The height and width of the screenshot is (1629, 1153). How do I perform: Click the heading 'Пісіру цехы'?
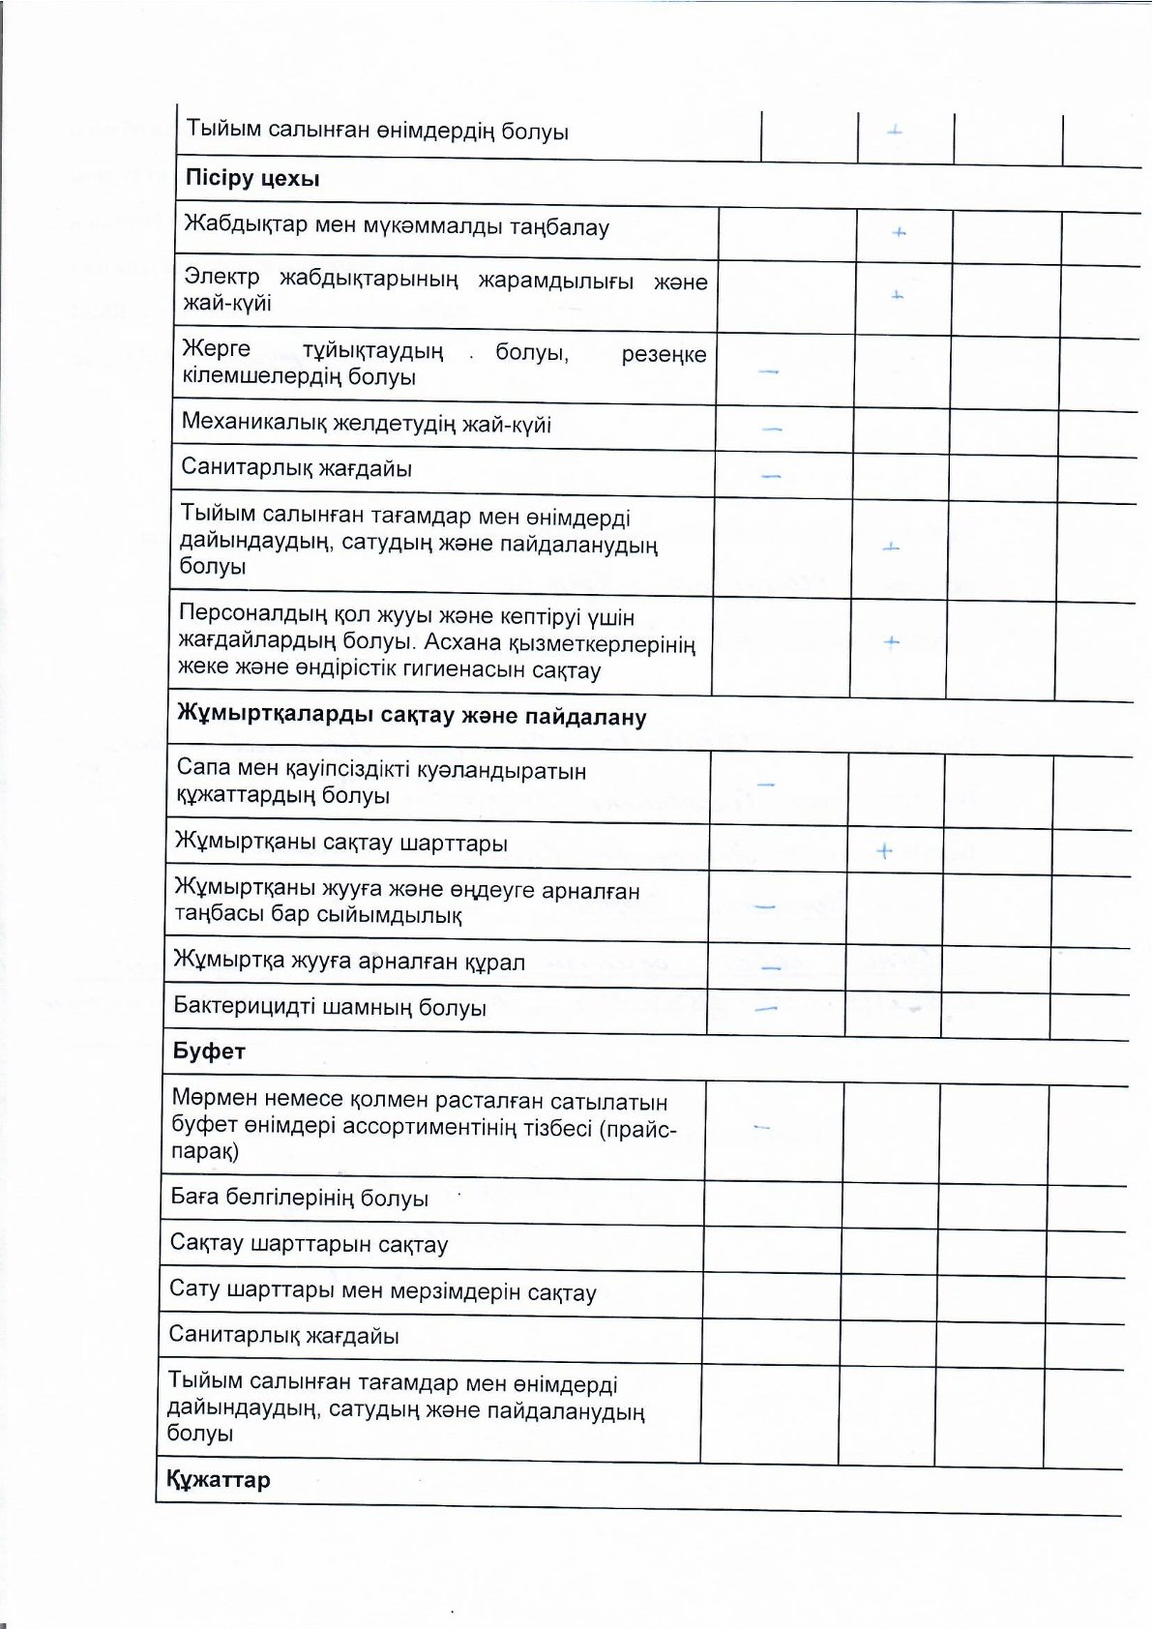251,179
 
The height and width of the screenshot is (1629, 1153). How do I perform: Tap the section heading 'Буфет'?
209,1051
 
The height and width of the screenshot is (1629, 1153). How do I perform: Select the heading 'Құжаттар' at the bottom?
219,1480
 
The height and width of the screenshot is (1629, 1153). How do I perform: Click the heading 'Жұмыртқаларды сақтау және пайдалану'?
411,717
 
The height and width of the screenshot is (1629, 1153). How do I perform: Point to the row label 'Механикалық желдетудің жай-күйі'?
367,424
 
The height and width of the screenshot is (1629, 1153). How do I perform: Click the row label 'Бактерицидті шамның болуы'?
330,1007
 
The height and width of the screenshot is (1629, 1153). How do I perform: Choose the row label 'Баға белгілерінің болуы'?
300,1198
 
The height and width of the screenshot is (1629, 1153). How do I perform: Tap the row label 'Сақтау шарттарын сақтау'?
310,1243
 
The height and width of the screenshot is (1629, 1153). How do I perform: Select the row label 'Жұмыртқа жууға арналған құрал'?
349,962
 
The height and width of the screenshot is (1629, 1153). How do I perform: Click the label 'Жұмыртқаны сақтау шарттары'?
341,843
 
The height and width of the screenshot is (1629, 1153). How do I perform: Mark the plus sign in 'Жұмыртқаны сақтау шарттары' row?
883,851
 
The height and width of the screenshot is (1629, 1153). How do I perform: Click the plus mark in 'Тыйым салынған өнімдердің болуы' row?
895,131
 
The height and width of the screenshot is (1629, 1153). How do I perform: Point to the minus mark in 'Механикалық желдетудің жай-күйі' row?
771,429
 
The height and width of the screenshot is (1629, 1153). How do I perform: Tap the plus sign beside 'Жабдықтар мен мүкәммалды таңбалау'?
899,233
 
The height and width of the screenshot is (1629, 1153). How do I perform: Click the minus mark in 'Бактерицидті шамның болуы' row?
767,1009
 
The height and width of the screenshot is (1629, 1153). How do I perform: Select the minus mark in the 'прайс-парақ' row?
761,1127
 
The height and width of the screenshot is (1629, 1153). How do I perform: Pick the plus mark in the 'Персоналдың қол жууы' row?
891,641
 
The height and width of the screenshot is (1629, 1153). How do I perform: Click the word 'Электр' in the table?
222,277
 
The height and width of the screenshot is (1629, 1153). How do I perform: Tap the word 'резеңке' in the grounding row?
664,354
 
